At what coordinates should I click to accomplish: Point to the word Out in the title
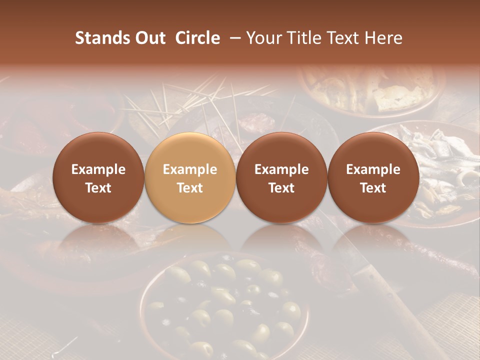click(150, 38)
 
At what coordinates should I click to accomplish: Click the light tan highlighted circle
click(189, 177)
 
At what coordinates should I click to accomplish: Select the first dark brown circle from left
click(98, 177)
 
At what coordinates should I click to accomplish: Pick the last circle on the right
click(373, 177)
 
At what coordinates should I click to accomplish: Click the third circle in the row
click(281, 177)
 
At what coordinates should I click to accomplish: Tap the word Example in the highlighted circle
click(190, 169)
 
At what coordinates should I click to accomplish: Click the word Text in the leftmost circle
click(98, 188)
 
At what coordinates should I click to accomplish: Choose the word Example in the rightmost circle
click(373, 169)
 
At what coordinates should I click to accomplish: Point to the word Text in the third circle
click(281, 188)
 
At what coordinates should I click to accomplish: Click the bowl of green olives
click(225, 305)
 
